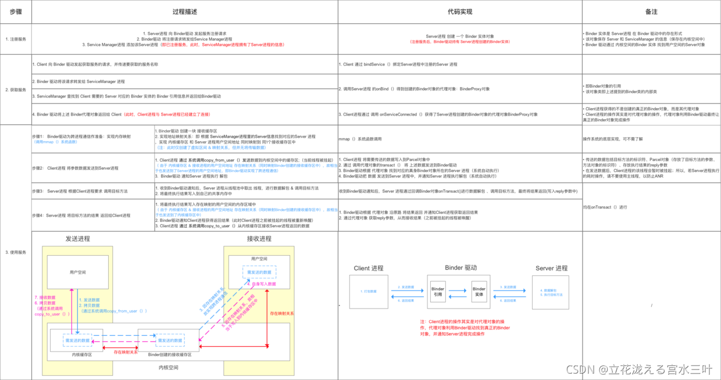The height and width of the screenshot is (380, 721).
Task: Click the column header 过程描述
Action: point(184,12)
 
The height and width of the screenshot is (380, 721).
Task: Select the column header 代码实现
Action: point(460,12)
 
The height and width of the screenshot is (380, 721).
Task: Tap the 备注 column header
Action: point(651,12)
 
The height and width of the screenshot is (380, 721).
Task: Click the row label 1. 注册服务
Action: point(16,40)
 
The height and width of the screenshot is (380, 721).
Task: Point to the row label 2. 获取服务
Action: point(16,90)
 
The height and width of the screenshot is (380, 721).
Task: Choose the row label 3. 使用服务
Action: point(16,252)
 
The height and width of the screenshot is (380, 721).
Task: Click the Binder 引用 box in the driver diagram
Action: point(438,292)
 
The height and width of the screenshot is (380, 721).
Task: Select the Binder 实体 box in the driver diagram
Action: point(479,292)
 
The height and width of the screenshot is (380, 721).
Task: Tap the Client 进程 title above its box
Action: point(369,268)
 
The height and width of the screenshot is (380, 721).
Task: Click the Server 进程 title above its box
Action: point(551,268)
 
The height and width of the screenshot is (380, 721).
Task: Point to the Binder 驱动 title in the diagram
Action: point(461,268)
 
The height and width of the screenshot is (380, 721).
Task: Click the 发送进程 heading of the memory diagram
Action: point(78,239)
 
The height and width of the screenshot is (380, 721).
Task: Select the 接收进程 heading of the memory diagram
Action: point(259,239)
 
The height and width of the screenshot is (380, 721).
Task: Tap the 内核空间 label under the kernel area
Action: point(169,367)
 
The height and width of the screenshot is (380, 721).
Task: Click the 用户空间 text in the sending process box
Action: point(77,272)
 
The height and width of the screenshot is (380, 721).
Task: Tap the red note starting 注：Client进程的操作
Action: point(465,328)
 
